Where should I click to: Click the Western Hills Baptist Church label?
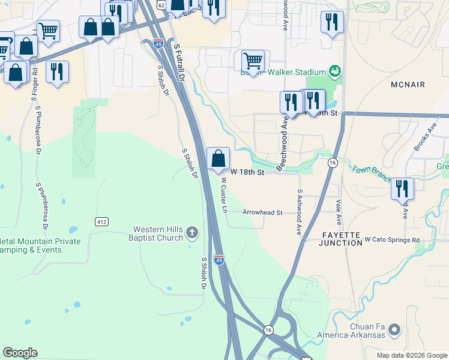click(158, 233)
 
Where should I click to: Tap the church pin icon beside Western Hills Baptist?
click(191, 232)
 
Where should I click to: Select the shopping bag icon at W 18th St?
click(218, 158)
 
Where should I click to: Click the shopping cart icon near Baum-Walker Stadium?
click(253, 61)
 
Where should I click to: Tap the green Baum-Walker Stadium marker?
click(335, 72)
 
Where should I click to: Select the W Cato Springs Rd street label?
click(392, 241)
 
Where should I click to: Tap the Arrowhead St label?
click(262, 212)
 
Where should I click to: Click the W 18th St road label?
click(247, 173)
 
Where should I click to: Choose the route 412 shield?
click(101, 221)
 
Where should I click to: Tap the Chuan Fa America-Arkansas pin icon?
click(394, 329)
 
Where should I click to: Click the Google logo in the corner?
click(20, 353)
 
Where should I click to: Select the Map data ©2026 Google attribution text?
click(412, 355)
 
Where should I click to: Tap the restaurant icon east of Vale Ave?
click(402, 189)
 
